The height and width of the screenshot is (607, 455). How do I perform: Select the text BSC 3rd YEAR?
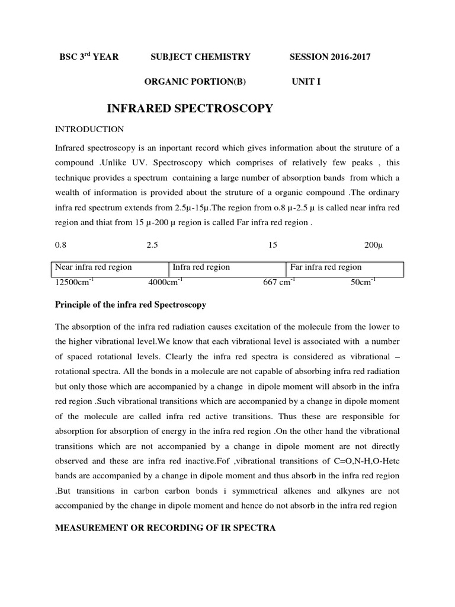89,57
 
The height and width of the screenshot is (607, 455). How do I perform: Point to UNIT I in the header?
306,82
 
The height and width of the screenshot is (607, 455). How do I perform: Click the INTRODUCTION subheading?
89,129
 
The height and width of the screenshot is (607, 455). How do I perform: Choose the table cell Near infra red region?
94,267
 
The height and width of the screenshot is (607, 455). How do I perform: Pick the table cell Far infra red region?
326,267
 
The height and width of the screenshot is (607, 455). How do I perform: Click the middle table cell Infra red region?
201,267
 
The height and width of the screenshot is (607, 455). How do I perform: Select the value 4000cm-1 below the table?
165,282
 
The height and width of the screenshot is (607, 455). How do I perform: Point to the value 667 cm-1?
278,282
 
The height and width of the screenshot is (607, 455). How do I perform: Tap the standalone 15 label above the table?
273,245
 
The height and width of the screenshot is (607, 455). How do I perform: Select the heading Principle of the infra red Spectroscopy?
130,305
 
